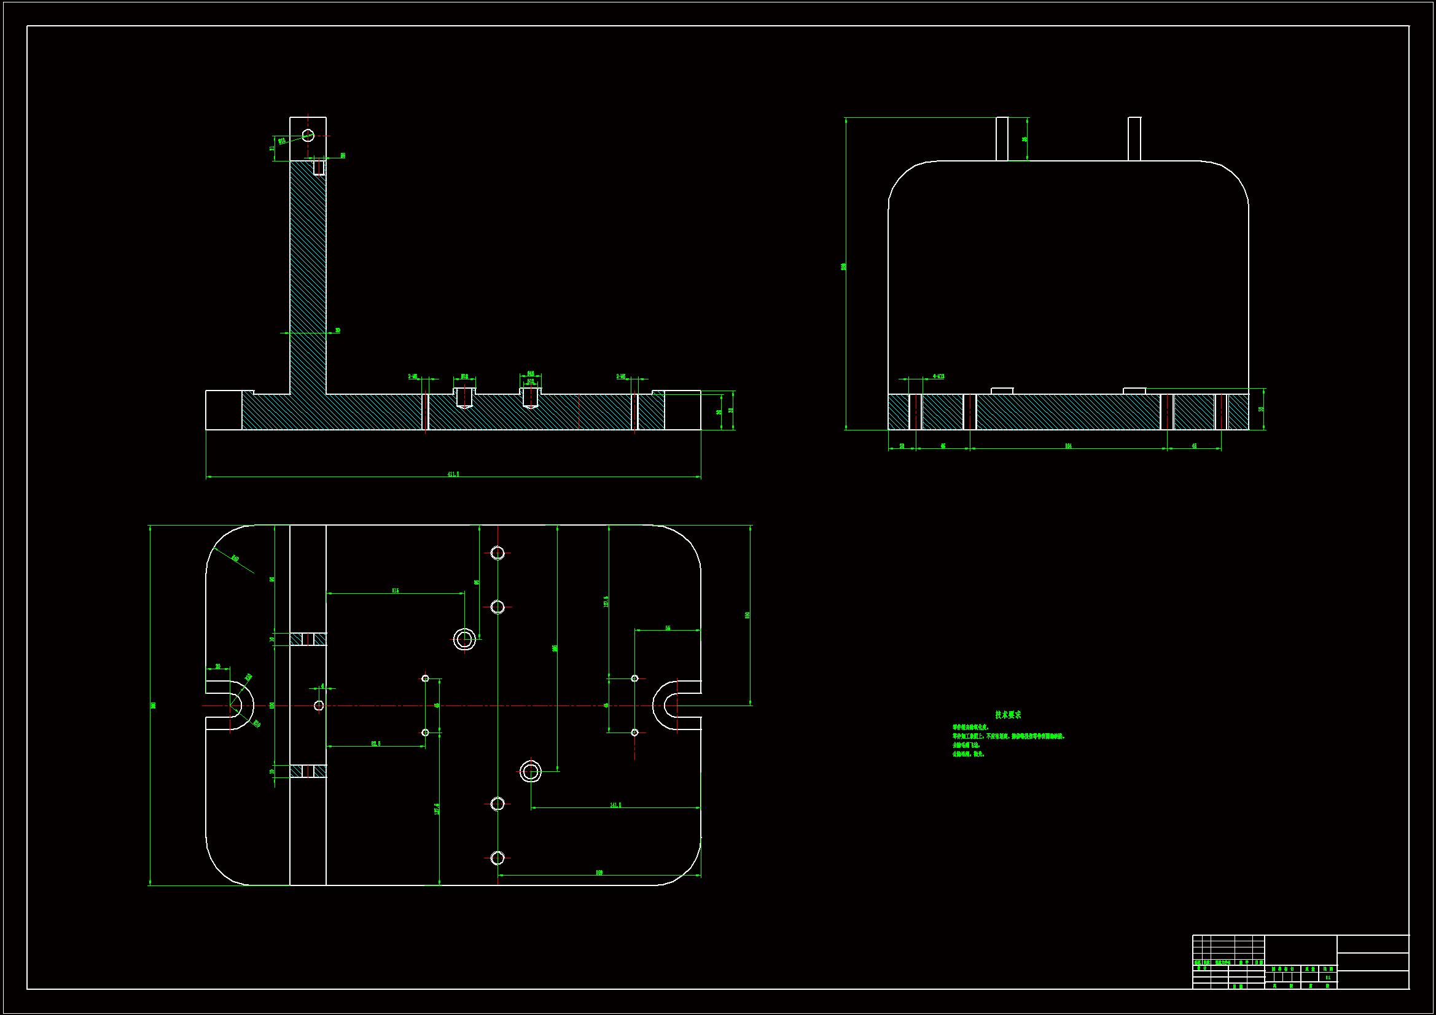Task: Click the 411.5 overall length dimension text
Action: [453, 474]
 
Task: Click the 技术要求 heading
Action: [1007, 715]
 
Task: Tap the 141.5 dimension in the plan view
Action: [615, 805]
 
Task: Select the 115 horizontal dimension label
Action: [396, 590]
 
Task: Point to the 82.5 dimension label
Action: [375, 744]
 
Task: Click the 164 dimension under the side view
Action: [1068, 446]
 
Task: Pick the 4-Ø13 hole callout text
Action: [938, 376]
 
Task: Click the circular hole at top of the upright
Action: [308, 135]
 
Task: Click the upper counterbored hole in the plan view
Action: [464, 639]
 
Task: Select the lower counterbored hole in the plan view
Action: [531, 771]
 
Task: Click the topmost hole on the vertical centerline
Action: [498, 553]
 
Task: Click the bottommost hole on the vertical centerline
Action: [498, 857]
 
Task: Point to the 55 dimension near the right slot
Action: [668, 628]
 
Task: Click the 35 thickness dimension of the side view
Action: [1262, 409]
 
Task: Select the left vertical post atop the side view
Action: [1002, 139]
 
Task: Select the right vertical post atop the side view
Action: [1134, 139]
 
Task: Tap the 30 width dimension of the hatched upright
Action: [338, 330]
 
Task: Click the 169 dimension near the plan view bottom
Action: [599, 873]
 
